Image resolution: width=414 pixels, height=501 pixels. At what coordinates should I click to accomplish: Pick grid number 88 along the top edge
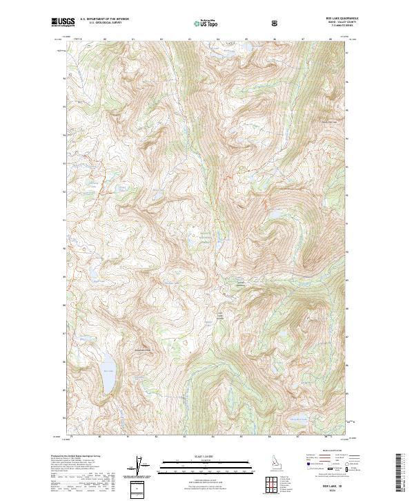coord(331,39)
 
